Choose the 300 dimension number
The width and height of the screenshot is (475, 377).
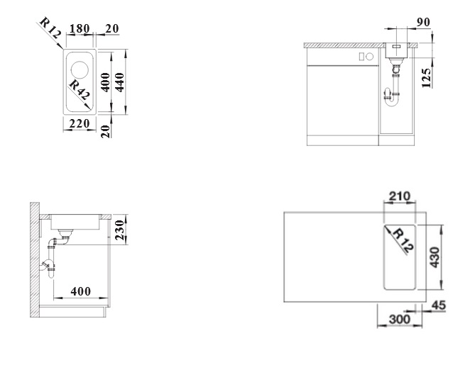[x=394, y=321]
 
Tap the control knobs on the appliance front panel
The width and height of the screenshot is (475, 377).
[x=367, y=56]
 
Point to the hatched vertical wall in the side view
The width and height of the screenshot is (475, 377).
[x=33, y=259]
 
